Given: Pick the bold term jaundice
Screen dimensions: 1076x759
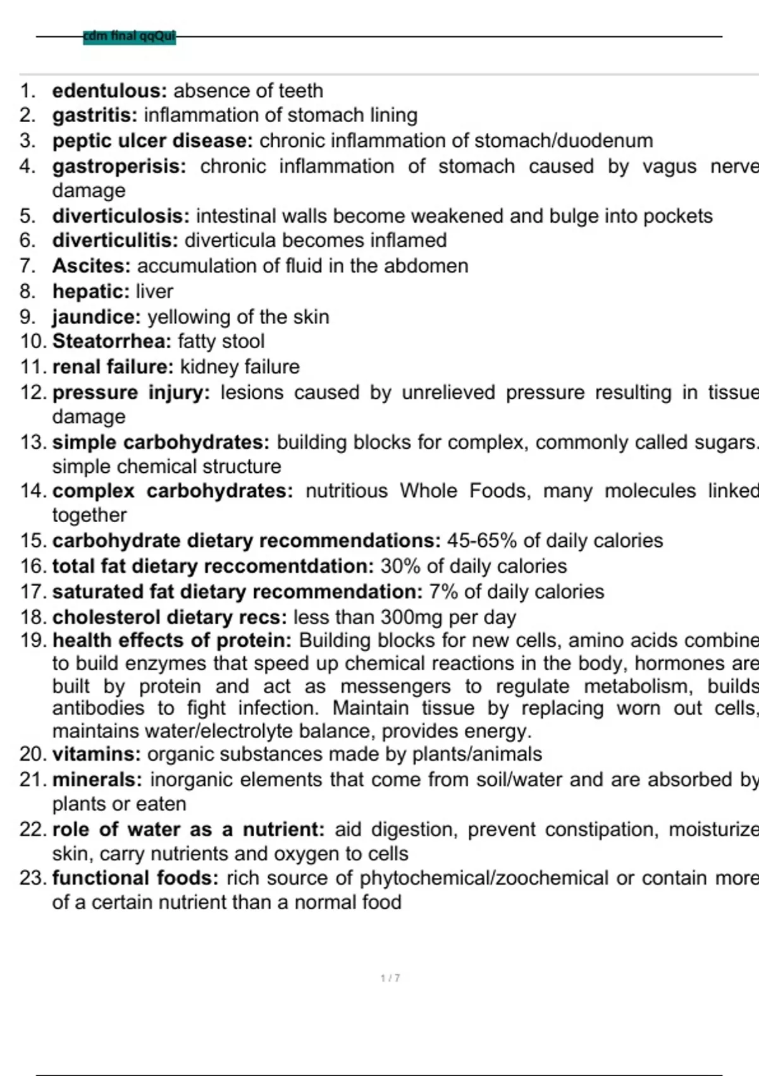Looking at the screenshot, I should (x=96, y=317).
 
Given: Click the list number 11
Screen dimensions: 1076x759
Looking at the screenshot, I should (x=32, y=367).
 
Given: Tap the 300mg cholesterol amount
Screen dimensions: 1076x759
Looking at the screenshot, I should (x=401, y=617).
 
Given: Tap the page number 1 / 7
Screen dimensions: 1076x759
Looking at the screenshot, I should (x=390, y=979).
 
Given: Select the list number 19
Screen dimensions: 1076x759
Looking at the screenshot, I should (x=32, y=641).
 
